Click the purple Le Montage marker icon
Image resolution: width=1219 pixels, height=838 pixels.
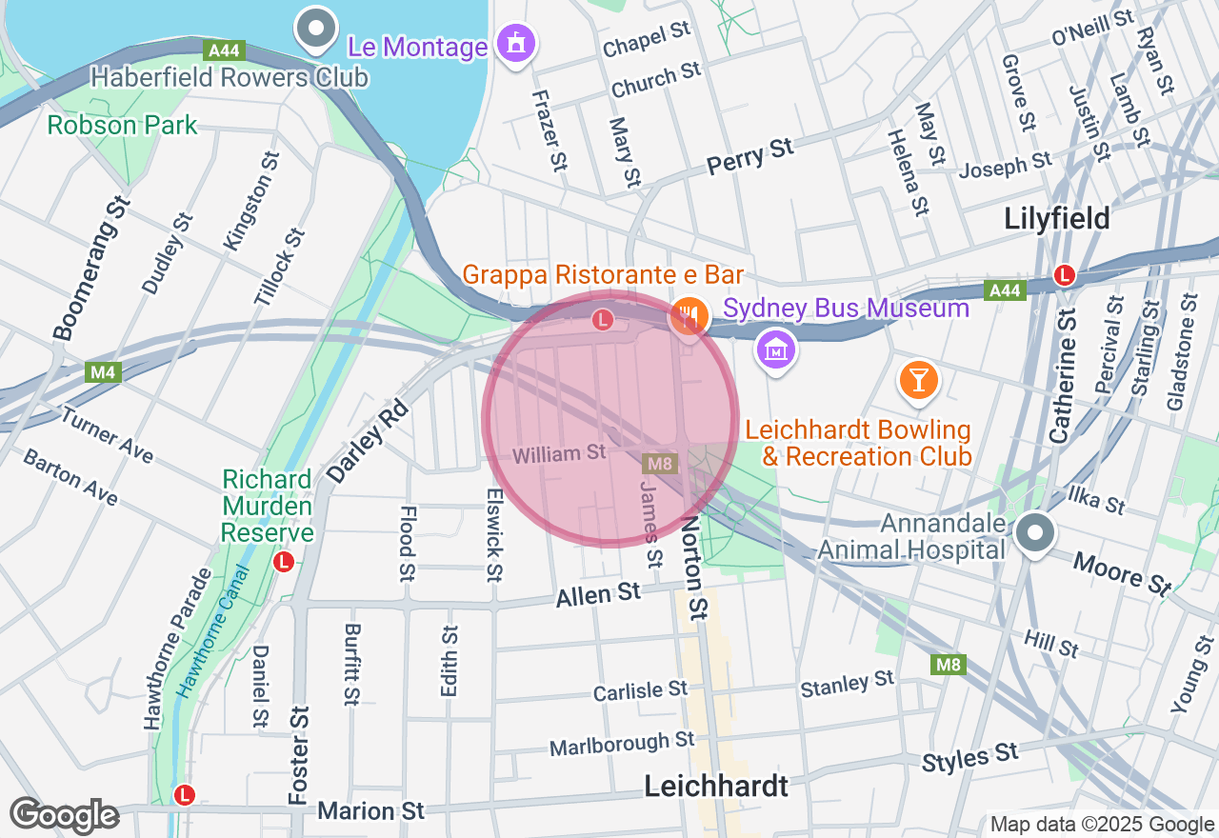click(x=517, y=43)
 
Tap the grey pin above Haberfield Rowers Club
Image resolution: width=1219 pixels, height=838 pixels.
click(x=316, y=30)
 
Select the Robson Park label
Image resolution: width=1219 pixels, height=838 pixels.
click(x=123, y=125)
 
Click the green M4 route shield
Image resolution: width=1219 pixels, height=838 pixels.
click(x=104, y=372)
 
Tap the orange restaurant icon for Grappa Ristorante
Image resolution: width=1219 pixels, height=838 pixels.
click(x=689, y=315)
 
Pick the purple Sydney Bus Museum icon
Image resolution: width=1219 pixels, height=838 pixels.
click(x=776, y=349)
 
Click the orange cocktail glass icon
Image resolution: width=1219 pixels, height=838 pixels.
click(x=918, y=380)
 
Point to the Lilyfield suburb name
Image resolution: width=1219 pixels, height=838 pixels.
click(x=1057, y=219)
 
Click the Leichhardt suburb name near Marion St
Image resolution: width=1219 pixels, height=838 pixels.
click(x=716, y=787)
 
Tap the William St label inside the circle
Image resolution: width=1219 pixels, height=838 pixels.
click(x=559, y=454)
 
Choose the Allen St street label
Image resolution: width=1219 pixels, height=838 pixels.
click(x=598, y=595)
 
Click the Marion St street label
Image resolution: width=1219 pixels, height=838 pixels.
click(x=370, y=810)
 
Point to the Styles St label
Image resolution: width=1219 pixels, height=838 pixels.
click(x=969, y=758)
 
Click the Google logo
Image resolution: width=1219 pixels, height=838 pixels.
click(x=64, y=816)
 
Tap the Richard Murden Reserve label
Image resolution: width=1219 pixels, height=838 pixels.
click(x=267, y=505)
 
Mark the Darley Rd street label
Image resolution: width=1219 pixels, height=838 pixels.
click(x=367, y=440)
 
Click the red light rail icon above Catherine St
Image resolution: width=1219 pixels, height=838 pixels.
click(x=1065, y=275)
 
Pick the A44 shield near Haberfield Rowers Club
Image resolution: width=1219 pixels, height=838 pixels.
click(x=223, y=50)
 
